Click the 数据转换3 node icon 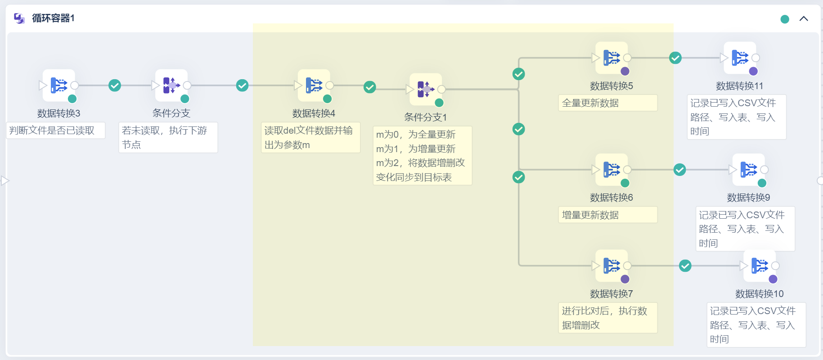coord(59,85)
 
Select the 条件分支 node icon coord(171,85)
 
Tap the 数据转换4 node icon coord(314,85)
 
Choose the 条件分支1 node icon coord(426,89)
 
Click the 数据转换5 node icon coord(612,58)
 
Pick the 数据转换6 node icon coord(612,170)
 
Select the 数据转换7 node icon coord(612,265)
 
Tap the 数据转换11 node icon coord(740,58)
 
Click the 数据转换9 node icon coord(749,170)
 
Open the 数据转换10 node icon coord(760,265)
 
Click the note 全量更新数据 coord(607,103)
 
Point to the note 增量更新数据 coord(607,215)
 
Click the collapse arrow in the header coord(804,18)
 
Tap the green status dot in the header coord(785,19)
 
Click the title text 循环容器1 coord(53,18)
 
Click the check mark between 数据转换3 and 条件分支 coord(115,85)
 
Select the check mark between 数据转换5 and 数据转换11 coord(675,58)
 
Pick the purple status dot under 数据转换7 coord(625,279)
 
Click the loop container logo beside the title coord(19,18)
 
